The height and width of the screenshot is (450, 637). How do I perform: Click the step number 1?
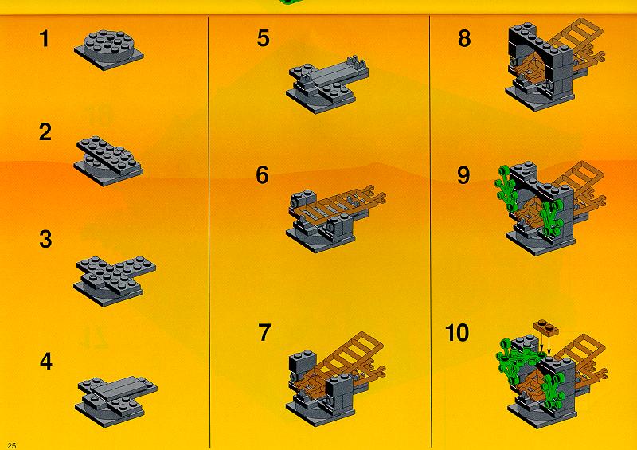[x=45, y=39]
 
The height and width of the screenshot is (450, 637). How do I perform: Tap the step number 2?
[x=45, y=132]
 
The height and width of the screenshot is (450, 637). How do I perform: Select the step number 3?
[x=45, y=239]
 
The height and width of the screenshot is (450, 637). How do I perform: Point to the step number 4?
[x=46, y=362]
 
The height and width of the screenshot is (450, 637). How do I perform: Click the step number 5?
[x=264, y=38]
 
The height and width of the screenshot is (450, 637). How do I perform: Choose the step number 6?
[x=262, y=175]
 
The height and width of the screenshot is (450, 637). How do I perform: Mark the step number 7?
[x=264, y=332]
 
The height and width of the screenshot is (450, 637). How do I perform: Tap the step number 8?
[x=464, y=38]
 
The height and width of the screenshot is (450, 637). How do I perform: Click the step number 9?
[x=463, y=175]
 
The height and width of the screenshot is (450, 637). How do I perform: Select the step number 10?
[x=457, y=333]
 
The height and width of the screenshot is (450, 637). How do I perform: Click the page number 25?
[x=12, y=445]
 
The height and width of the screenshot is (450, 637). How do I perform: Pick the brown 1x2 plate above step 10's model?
[x=546, y=327]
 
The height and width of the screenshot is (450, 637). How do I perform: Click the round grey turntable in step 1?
[x=109, y=45]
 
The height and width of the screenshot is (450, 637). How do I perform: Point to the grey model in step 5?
[x=327, y=84]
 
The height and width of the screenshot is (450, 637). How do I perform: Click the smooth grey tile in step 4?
[x=121, y=388]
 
